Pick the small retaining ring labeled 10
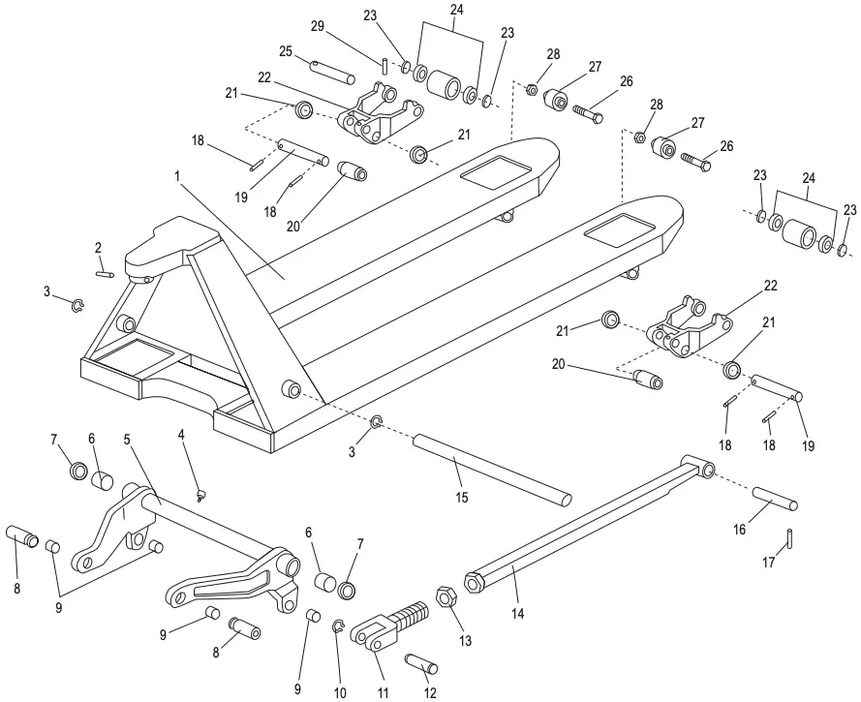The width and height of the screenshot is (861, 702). pyautogui.click(x=339, y=627)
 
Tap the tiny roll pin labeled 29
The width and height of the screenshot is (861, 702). pyautogui.click(x=384, y=66)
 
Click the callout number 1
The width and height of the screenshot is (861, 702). pyautogui.click(x=177, y=177)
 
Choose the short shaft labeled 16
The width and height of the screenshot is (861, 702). pyautogui.click(x=775, y=498)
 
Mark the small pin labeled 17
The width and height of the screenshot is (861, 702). pyautogui.click(x=791, y=534)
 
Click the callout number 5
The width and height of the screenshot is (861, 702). pyautogui.click(x=126, y=437)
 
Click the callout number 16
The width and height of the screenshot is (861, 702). pyautogui.click(x=741, y=531)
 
